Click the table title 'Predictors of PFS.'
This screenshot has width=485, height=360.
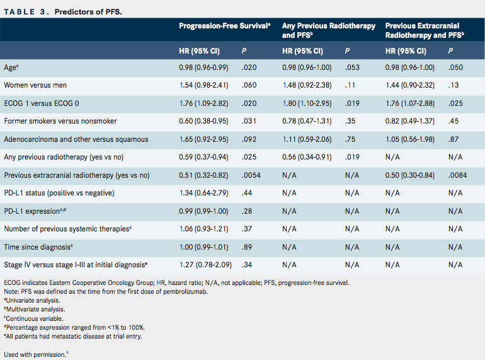point(88,12)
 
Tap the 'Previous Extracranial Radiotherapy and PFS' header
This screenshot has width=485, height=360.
point(425,30)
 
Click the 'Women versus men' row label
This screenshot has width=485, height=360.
point(35,85)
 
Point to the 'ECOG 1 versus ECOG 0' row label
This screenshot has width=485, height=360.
point(42,103)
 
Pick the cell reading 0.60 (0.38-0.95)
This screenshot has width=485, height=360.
point(203,121)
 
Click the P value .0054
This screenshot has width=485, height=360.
point(251,175)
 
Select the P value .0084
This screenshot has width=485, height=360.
point(457,175)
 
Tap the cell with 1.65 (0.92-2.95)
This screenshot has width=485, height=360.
point(204,139)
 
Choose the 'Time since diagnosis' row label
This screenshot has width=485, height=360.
point(38,247)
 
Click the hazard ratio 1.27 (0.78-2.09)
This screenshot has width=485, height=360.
point(206,265)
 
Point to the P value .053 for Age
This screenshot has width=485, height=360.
point(352,67)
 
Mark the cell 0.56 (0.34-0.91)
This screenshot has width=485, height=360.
point(307,157)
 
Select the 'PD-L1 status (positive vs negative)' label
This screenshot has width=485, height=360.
point(59,193)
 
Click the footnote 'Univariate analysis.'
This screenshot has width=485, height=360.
point(32,300)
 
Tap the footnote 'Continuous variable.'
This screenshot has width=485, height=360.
point(33,318)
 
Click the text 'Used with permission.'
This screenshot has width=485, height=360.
point(36,354)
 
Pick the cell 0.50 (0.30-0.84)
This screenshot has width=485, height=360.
point(410,175)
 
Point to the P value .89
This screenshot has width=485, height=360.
point(247,247)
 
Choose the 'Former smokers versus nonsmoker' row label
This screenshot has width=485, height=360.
point(60,121)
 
